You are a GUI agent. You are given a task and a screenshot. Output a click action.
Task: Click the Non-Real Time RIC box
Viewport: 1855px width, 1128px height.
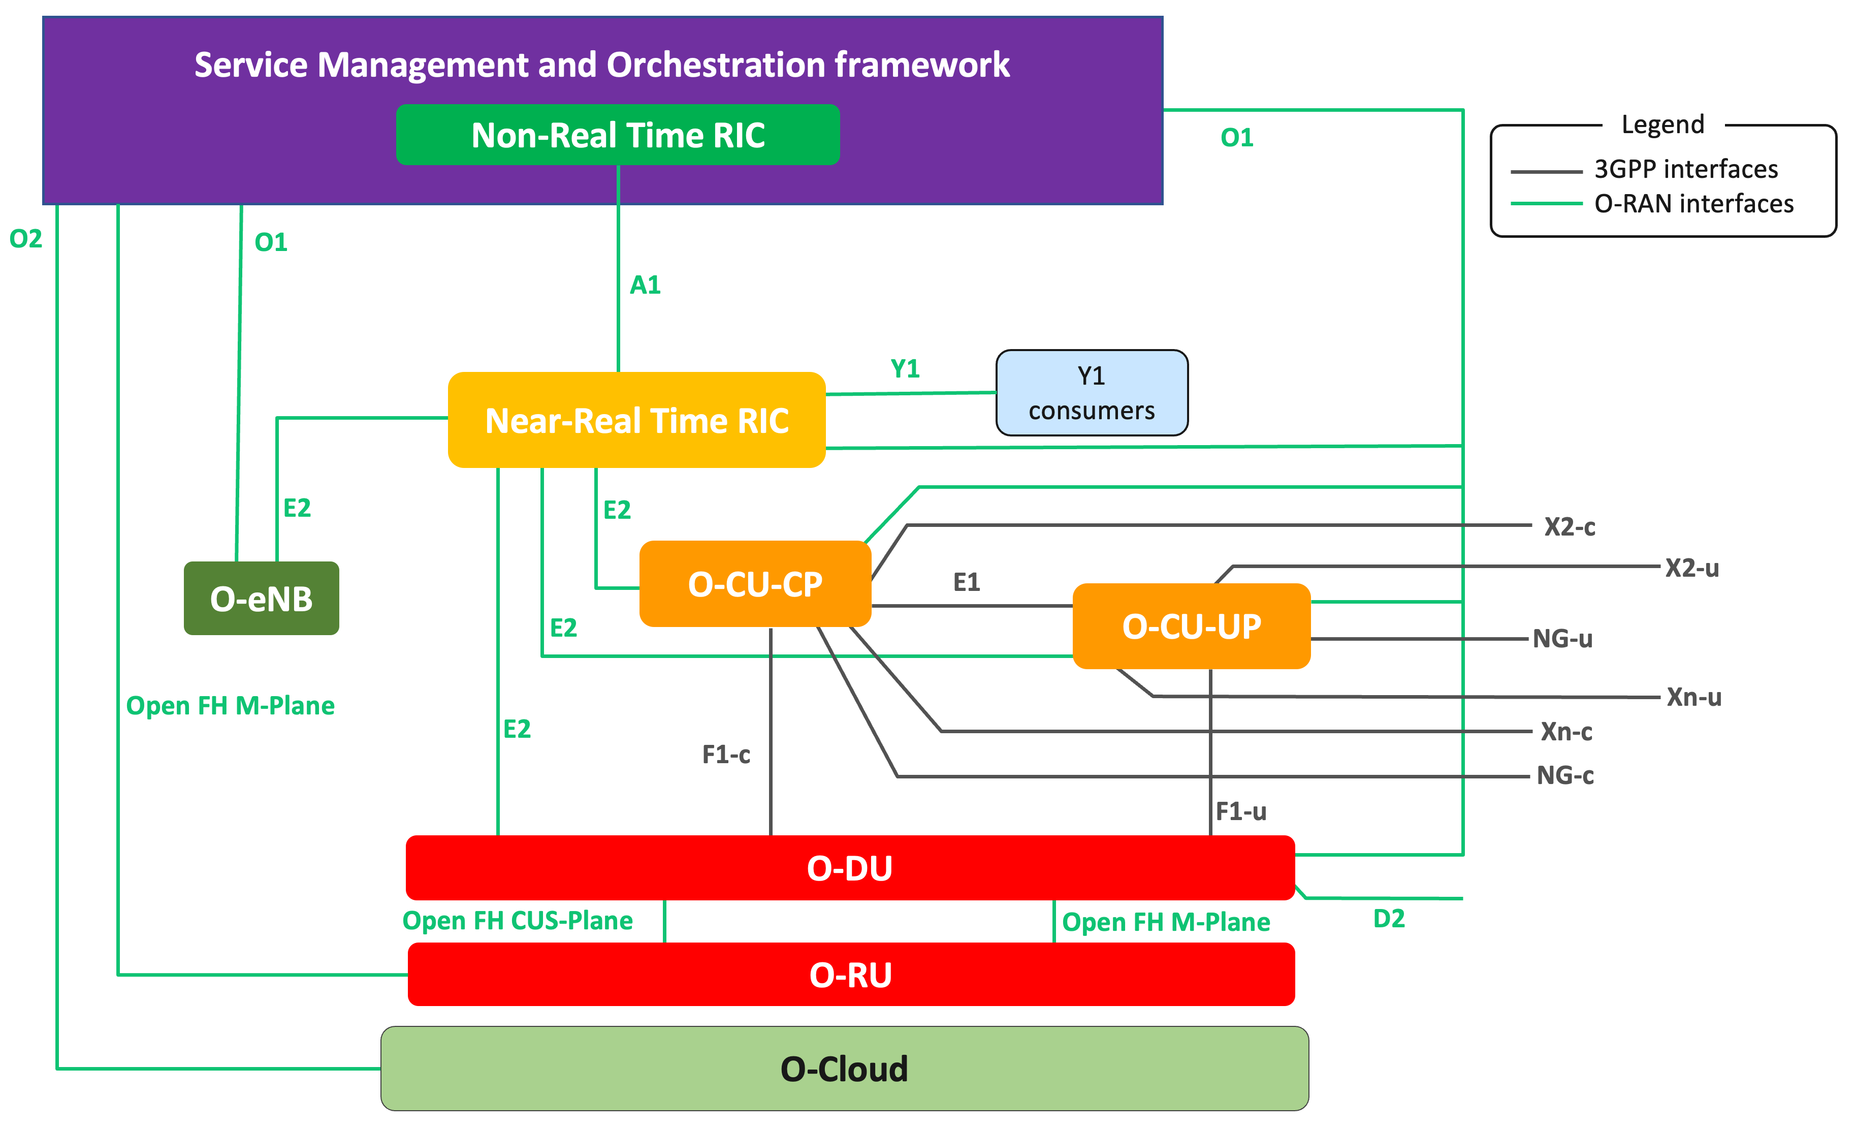click(617, 135)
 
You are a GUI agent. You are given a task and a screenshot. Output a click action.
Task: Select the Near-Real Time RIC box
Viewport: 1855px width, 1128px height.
click(636, 420)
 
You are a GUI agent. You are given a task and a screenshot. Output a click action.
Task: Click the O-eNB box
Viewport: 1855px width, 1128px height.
click(261, 599)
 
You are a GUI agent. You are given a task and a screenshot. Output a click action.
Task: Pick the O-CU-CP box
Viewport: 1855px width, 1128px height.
click(755, 584)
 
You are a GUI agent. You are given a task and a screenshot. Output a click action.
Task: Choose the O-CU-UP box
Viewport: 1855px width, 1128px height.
click(1191, 626)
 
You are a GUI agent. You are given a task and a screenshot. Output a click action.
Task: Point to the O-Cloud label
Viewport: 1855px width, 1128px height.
click(844, 1069)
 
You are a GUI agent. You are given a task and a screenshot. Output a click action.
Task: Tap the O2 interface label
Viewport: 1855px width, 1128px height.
click(25, 239)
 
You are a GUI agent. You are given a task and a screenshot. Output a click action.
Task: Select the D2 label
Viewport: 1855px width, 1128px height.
click(1389, 919)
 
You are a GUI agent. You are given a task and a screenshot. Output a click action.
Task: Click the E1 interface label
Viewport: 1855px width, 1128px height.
click(967, 582)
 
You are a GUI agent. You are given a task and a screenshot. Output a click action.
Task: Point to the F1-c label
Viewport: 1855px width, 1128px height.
click(726, 755)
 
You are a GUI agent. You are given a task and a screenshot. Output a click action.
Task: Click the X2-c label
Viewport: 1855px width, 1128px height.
click(1570, 527)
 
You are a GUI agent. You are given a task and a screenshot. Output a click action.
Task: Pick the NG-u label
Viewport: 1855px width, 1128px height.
click(1563, 639)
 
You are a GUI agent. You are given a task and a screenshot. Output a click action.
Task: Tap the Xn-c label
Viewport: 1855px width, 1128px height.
click(1566, 732)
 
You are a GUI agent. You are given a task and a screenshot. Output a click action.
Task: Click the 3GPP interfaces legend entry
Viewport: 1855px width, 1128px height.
click(1686, 169)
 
